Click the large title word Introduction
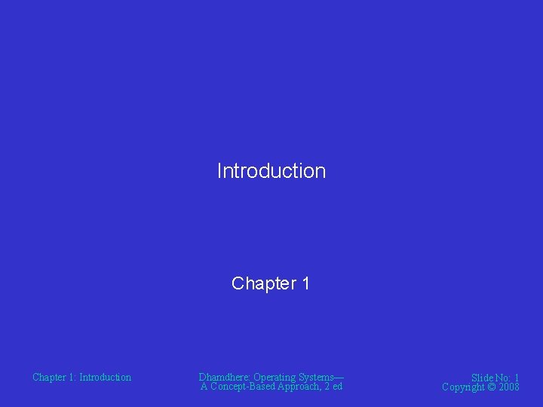(x=271, y=171)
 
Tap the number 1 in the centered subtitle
(x=305, y=283)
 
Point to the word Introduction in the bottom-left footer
(x=105, y=377)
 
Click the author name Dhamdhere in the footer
(x=224, y=377)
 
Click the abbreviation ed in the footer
(x=336, y=387)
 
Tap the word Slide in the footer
(x=483, y=378)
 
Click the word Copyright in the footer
(x=464, y=387)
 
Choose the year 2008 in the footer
(x=509, y=387)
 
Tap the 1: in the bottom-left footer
(x=73, y=377)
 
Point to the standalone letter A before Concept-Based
(x=204, y=387)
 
